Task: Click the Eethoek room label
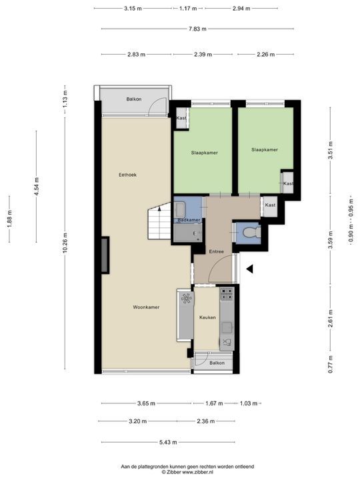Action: [x=127, y=175]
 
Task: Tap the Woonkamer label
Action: [x=146, y=307]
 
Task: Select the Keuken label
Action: [x=207, y=317]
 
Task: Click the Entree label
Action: [x=216, y=251]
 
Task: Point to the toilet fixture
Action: [x=251, y=233]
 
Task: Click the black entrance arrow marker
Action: [x=250, y=269]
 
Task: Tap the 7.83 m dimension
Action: [x=197, y=29]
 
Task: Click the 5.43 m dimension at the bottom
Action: [x=168, y=442]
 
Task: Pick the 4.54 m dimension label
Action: [x=37, y=187]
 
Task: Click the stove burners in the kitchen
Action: [x=227, y=294]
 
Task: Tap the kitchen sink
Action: [x=227, y=327]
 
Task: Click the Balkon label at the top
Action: [x=134, y=99]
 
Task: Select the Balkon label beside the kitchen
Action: [x=217, y=363]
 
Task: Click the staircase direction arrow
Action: [x=159, y=209]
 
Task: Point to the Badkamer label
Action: [x=189, y=220]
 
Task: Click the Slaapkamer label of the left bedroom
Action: [x=205, y=153]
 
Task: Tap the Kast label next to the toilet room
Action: [x=270, y=205]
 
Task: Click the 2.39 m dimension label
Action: [x=203, y=55]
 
